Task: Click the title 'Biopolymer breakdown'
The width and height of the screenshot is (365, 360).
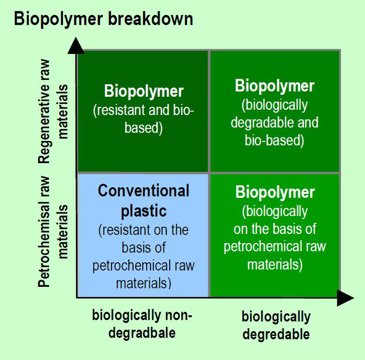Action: click(103, 19)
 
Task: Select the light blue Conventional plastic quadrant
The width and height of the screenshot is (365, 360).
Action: click(143, 235)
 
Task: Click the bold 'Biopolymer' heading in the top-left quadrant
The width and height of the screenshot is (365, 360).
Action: click(144, 92)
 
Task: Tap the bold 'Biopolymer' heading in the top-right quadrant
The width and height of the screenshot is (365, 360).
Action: click(274, 86)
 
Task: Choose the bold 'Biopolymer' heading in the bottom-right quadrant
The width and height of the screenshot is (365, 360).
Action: click(274, 193)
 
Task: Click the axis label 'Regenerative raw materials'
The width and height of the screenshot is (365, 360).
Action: click(53, 123)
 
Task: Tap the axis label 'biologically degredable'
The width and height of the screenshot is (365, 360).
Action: click(276, 325)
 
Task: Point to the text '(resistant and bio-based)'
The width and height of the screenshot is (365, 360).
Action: click(144, 118)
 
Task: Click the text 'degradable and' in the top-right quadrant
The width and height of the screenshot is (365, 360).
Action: click(275, 123)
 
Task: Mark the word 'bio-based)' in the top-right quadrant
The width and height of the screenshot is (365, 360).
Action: click(275, 141)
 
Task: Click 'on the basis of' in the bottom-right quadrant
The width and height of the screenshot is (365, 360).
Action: click(275, 229)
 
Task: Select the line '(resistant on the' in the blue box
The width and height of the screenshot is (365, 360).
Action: click(143, 230)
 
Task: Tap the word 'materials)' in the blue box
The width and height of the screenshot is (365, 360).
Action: click(143, 283)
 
